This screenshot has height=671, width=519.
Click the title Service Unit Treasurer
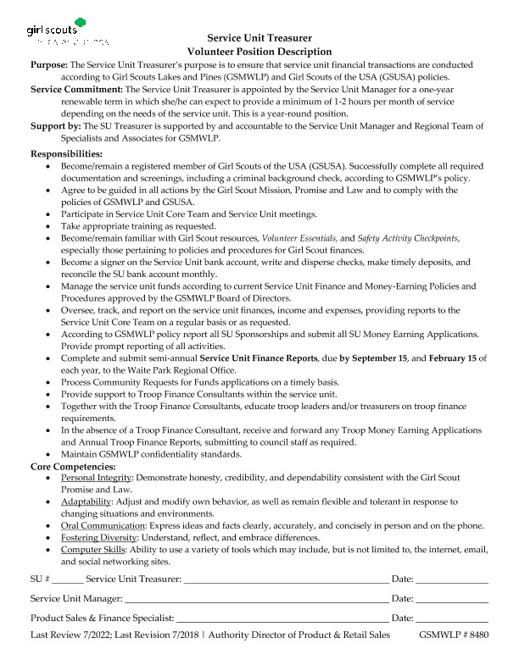259,37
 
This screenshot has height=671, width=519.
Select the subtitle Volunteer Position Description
259,51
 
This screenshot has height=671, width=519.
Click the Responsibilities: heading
66,154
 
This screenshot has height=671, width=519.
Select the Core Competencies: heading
73,466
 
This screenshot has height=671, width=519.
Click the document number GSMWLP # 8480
454,634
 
